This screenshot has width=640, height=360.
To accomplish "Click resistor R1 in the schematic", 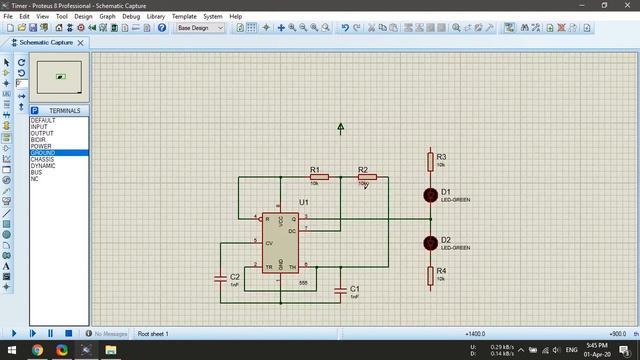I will [x=317, y=177].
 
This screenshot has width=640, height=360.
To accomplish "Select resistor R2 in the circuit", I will [x=365, y=177].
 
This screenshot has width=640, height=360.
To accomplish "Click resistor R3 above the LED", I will [x=430, y=160].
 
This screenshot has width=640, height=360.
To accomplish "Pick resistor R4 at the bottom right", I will [x=430, y=274].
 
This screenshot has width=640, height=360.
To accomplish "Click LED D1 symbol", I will [x=430, y=194].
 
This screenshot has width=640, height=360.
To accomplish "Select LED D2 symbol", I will [x=430, y=242].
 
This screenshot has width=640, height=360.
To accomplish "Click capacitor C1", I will [x=341, y=290].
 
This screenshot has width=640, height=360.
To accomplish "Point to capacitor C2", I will [x=221, y=279].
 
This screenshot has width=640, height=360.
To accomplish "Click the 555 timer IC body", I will [x=280, y=241].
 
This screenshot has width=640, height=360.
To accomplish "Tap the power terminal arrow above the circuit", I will [x=341, y=128].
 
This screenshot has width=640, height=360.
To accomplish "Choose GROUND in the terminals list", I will [x=44, y=153].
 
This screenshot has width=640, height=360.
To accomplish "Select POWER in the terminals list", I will [x=41, y=146].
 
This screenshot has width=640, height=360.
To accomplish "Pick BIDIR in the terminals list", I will [x=39, y=140].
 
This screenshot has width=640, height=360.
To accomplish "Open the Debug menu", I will [x=131, y=17].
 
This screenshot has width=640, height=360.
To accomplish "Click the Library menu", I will [x=156, y=17].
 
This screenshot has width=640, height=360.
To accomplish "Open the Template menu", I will [x=184, y=17].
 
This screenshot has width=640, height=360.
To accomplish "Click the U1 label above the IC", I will [x=304, y=202].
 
